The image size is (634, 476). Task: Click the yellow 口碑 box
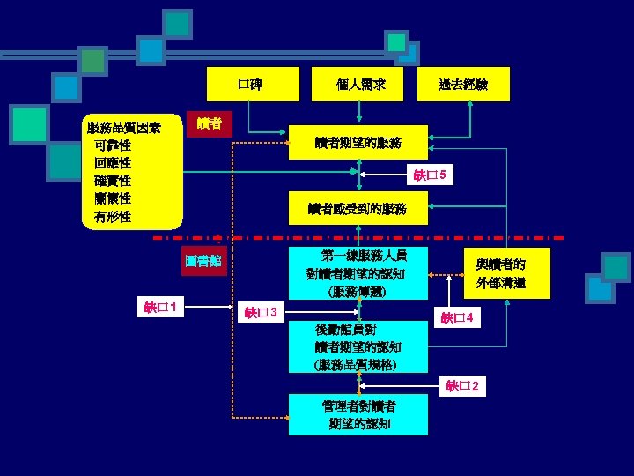click(x=249, y=85)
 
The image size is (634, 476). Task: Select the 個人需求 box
click(x=359, y=85)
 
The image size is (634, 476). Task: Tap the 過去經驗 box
click(x=463, y=85)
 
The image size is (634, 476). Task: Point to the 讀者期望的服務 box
click(x=358, y=142)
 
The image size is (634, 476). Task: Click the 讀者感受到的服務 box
click(x=358, y=209)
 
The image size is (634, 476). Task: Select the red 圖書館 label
click(x=203, y=262)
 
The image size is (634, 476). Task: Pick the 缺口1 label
click(x=163, y=307)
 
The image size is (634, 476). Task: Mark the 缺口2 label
click(x=463, y=385)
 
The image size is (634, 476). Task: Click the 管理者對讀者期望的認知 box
click(x=358, y=414)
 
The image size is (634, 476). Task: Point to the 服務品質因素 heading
click(x=123, y=129)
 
